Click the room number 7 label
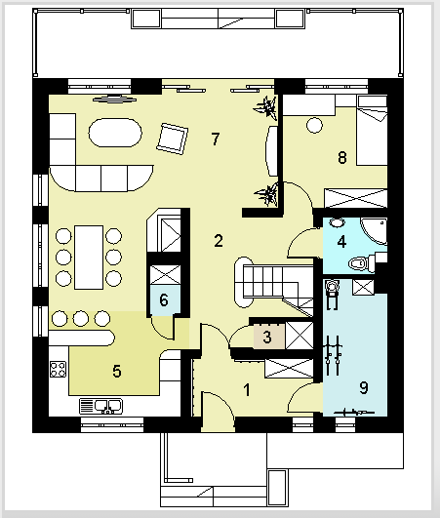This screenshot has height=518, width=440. coord(216,139)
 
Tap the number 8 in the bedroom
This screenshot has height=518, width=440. coord(342,157)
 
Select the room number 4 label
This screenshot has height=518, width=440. coord(341,242)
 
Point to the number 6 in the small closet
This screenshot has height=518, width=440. coord(164,299)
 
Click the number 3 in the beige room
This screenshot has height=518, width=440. coord(267,337)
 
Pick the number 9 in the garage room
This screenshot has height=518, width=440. coord(363,387)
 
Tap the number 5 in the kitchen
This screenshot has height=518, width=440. coord(117,371)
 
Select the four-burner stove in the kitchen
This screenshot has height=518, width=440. coord(58,370)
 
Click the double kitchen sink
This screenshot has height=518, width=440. coord(101,407)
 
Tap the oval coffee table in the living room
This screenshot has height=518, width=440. coord(115,133)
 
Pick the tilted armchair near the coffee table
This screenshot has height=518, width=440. coord(172,139)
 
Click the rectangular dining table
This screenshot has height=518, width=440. coord(89,258)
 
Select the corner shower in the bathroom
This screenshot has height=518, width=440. coord(374,231)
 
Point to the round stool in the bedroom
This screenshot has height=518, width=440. coord(314,125)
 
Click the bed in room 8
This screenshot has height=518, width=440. coord(372,131)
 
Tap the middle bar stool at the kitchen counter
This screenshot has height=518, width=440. coord(81,319)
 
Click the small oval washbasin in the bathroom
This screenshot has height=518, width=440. coord(337,222)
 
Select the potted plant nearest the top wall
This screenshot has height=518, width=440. coord(266,107)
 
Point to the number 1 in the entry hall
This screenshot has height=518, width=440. coord(247,390)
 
